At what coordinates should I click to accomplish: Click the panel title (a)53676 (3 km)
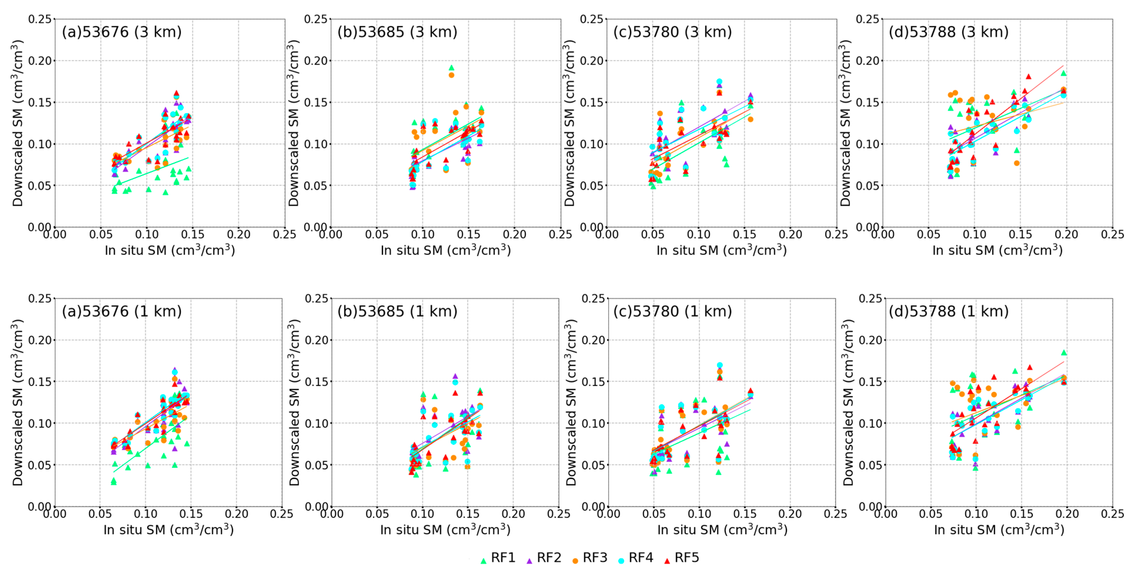[x=122, y=32]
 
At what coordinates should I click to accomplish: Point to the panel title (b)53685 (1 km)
[x=397, y=311]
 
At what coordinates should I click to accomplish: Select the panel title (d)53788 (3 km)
[x=949, y=32]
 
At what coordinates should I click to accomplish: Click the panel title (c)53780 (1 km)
[x=673, y=311]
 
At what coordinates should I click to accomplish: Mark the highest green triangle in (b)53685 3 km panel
[x=451, y=68]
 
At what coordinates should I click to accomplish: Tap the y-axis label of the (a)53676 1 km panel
[x=18, y=402]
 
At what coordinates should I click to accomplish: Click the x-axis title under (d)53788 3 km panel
[x=998, y=250]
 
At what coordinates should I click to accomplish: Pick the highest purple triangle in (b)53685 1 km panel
[x=455, y=376]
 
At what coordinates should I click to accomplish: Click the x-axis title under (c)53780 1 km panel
[x=722, y=530]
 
